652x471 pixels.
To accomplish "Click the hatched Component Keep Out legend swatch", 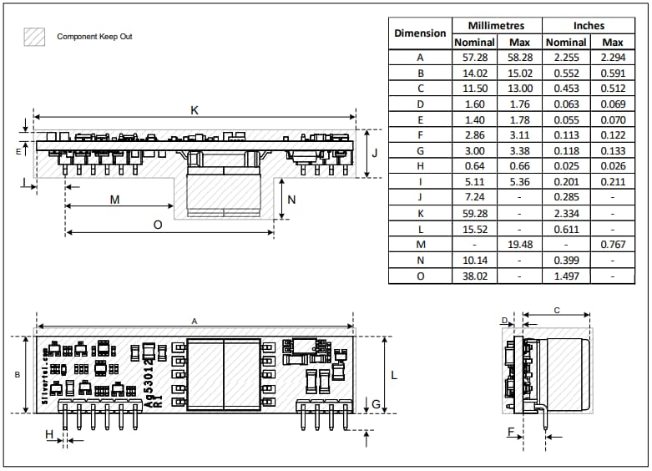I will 34,37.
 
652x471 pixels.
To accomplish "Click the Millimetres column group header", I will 497,25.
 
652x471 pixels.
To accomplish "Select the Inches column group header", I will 589,25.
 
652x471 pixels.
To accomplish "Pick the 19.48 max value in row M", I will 519,243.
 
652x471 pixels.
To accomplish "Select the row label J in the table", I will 420,193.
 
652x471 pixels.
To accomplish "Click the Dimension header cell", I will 420,33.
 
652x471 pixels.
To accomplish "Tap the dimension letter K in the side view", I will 195,110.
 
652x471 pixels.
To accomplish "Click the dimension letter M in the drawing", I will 114,200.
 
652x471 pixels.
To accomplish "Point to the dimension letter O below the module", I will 158,225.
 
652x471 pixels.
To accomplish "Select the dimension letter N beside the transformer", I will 291,200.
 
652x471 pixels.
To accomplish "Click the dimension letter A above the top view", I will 195,321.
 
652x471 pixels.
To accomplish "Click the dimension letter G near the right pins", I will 377,405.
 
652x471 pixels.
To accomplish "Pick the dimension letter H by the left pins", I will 49,433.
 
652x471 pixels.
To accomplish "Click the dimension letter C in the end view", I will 557,311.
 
